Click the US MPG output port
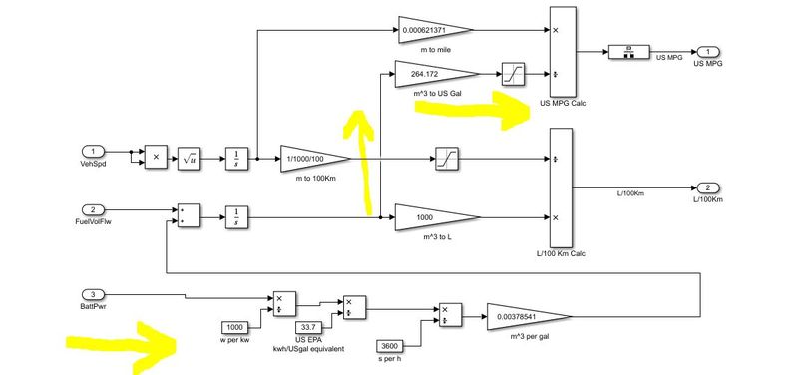[x=705, y=52]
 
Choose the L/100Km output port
[x=705, y=188]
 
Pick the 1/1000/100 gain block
[x=311, y=159]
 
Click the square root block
[x=189, y=159]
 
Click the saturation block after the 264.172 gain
[x=512, y=73]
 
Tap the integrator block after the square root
[x=234, y=159]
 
